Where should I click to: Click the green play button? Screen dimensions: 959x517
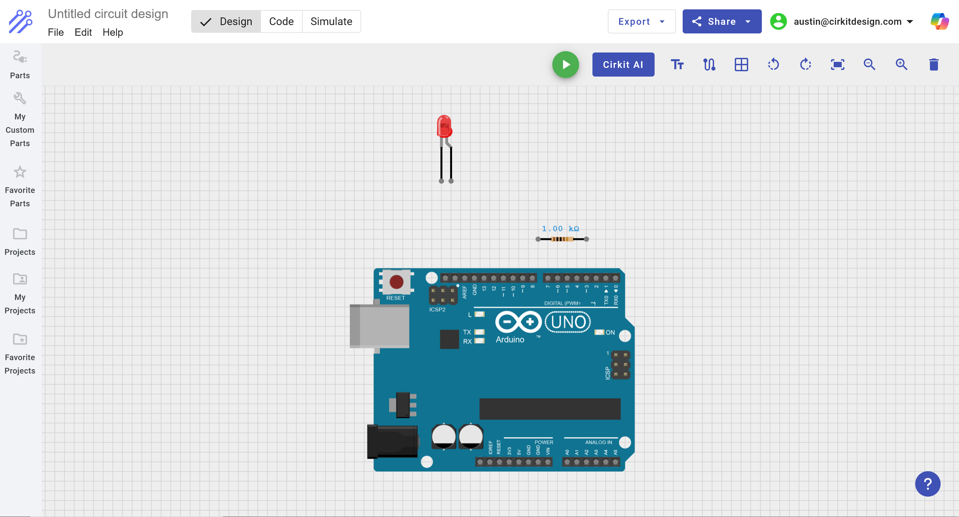[x=565, y=65]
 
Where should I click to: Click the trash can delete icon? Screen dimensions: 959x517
[x=933, y=65]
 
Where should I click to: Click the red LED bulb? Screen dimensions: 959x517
[x=444, y=126]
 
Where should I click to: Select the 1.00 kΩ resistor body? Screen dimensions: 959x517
[x=562, y=239]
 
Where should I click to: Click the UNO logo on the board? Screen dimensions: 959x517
[x=568, y=322]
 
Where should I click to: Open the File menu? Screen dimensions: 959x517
[x=56, y=32]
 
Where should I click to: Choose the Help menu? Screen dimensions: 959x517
[x=113, y=32]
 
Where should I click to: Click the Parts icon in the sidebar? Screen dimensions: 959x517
[x=20, y=57]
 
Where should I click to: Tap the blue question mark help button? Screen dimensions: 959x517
[x=928, y=484]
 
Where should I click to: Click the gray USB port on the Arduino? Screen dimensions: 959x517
[x=379, y=326]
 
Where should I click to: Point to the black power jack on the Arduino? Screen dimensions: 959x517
[x=392, y=441]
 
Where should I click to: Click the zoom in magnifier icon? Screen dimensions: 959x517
[x=901, y=65]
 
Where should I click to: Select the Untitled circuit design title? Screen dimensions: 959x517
[x=108, y=14]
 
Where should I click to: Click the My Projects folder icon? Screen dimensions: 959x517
[x=20, y=279]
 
